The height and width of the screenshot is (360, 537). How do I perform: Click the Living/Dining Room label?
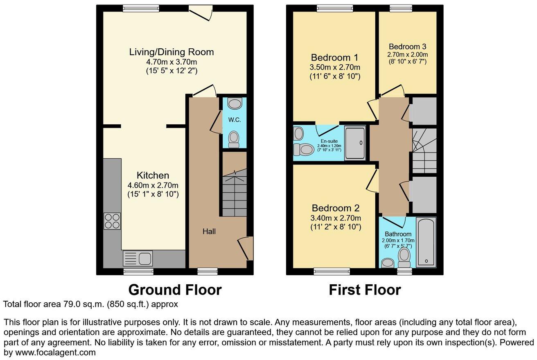click(x=171, y=52)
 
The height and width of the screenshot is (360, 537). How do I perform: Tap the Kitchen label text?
click(x=153, y=175)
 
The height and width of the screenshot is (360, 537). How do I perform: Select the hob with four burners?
click(x=113, y=221)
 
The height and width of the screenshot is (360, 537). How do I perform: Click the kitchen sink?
click(x=138, y=259)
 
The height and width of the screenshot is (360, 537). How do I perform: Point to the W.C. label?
click(x=234, y=120)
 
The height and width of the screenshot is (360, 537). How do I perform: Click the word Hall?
click(x=209, y=232)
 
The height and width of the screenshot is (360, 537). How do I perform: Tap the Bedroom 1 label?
click(x=331, y=57)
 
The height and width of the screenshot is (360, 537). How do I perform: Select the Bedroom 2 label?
click(x=331, y=208)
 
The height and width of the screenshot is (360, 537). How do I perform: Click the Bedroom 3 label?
click(x=405, y=47)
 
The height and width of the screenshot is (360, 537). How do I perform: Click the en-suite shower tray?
click(x=356, y=143)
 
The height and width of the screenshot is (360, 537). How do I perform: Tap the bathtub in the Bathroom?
click(x=426, y=242)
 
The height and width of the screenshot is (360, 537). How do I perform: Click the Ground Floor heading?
click(x=175, y=290)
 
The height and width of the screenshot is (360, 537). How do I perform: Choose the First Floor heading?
click(x=365, y=290)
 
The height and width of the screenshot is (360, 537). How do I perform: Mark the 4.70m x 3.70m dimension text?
click(x=171, y=62)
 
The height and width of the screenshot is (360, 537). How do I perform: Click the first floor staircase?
click(x=424, y=151)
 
